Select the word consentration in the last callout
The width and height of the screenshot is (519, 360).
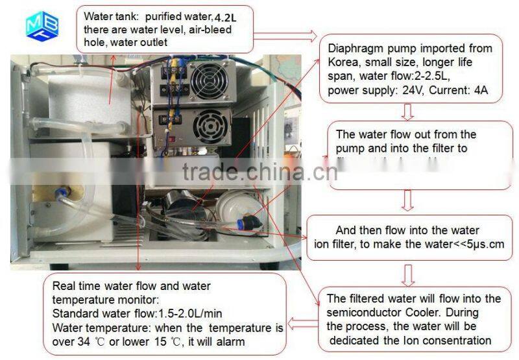[457, 340]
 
